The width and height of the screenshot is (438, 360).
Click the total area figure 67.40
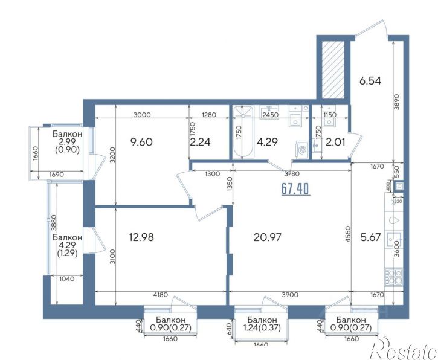tap(295, 189)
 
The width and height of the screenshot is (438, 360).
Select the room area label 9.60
tap(141, 142)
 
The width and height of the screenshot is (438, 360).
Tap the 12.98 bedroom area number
tap(141, 237)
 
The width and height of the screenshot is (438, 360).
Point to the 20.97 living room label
tap(267, 237)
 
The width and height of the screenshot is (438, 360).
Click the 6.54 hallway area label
tap(370, 81)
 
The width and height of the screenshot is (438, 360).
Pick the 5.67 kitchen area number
tap(371, 237)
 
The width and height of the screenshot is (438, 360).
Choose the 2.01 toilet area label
tap(335, 142)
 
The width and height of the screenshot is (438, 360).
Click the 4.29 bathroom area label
tap(267, 142)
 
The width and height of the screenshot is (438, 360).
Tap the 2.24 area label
tap(200, 142)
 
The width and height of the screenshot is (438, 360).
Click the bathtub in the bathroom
tap(243, 132)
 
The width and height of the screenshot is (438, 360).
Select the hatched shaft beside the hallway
tap(333, 70)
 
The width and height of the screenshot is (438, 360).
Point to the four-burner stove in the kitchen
tap(394, 277)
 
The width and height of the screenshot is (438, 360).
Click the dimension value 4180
tap(161, 295)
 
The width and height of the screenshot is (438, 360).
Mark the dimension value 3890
tap(398, 101)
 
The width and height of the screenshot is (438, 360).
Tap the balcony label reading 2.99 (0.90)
tap(67, 142)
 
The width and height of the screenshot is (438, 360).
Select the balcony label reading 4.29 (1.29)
tap(67, 245)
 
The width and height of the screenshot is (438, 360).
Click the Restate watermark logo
tap(403, 349)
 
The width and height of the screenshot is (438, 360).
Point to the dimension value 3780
tap(292, 174)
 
